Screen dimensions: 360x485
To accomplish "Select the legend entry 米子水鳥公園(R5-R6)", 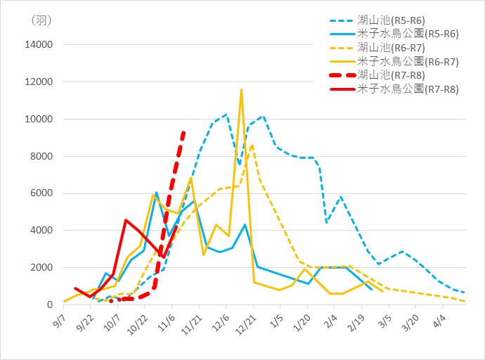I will [x=408, y=34].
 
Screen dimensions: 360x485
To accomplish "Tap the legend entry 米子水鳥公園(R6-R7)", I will [x=408, y=62].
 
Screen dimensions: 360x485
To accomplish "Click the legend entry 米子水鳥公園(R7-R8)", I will [x=408, y=89].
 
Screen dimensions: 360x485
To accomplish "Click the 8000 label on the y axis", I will [x=41, y=157].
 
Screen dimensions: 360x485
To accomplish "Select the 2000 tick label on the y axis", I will [x=41, y=268].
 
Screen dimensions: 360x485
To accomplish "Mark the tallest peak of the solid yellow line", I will [x=241, y=90].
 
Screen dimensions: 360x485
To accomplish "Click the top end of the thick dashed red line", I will [x=183, y=131].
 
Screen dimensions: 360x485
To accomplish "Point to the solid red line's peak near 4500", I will [x=126, y=220].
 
